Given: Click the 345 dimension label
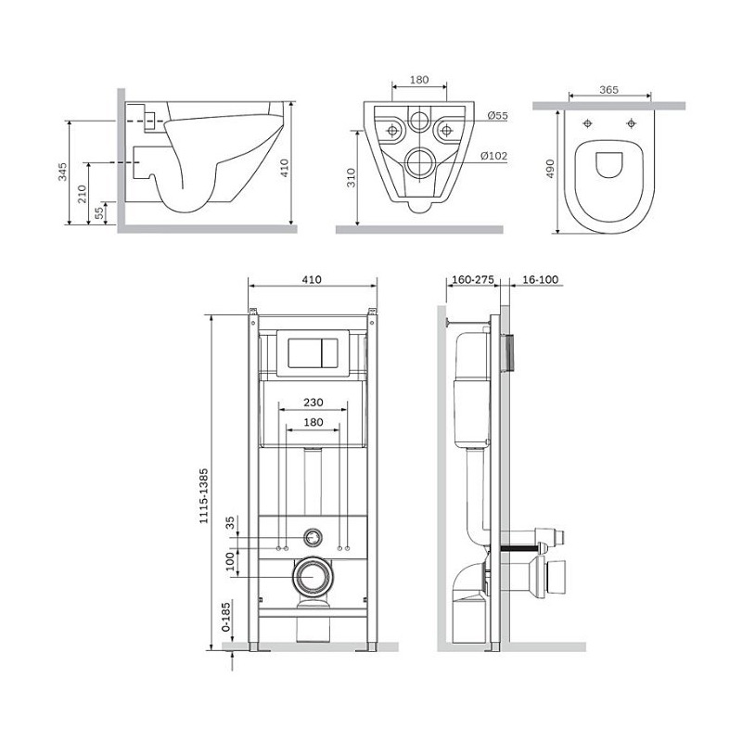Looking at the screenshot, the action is (62, 172).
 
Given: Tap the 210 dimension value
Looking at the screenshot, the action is (83, 194).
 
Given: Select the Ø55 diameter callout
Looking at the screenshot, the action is (497, 115).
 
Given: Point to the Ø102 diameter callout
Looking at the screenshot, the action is (493, 156).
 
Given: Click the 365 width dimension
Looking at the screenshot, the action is (609, 89).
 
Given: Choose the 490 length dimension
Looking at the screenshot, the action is (550, 169).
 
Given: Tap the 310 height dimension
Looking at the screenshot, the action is (351, 178).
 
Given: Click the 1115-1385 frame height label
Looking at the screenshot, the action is (203, 496).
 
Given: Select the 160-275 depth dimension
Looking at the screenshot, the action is (473, 280).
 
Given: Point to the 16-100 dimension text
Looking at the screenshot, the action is (541, 280).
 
